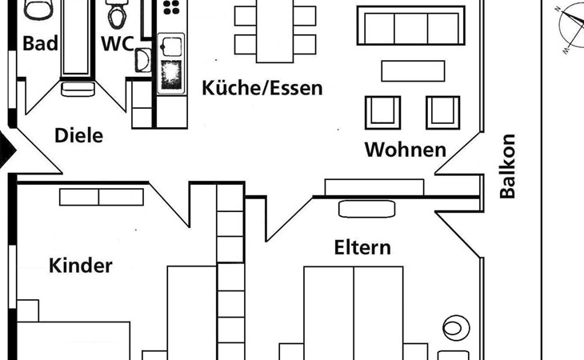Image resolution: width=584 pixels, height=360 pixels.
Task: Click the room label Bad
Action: tap(40, 43)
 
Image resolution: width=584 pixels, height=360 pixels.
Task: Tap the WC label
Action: tap(117, 43)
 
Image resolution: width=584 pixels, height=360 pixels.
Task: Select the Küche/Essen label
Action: tap(262, 87)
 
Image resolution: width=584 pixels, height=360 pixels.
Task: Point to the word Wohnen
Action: tap(405, 150)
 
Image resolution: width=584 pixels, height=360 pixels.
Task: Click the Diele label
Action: tap(78, 136)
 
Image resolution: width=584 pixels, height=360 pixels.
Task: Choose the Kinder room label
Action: tap(81, 266)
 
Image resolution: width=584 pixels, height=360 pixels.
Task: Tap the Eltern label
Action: tap(362, 247)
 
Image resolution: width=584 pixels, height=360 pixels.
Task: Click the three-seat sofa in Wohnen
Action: tap(410, 26)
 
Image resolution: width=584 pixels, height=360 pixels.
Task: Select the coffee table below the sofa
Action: tap(413, 71)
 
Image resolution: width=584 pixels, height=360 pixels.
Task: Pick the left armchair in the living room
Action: tap(382, 111)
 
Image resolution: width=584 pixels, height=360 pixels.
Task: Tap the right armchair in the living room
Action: tap(442, 111)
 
